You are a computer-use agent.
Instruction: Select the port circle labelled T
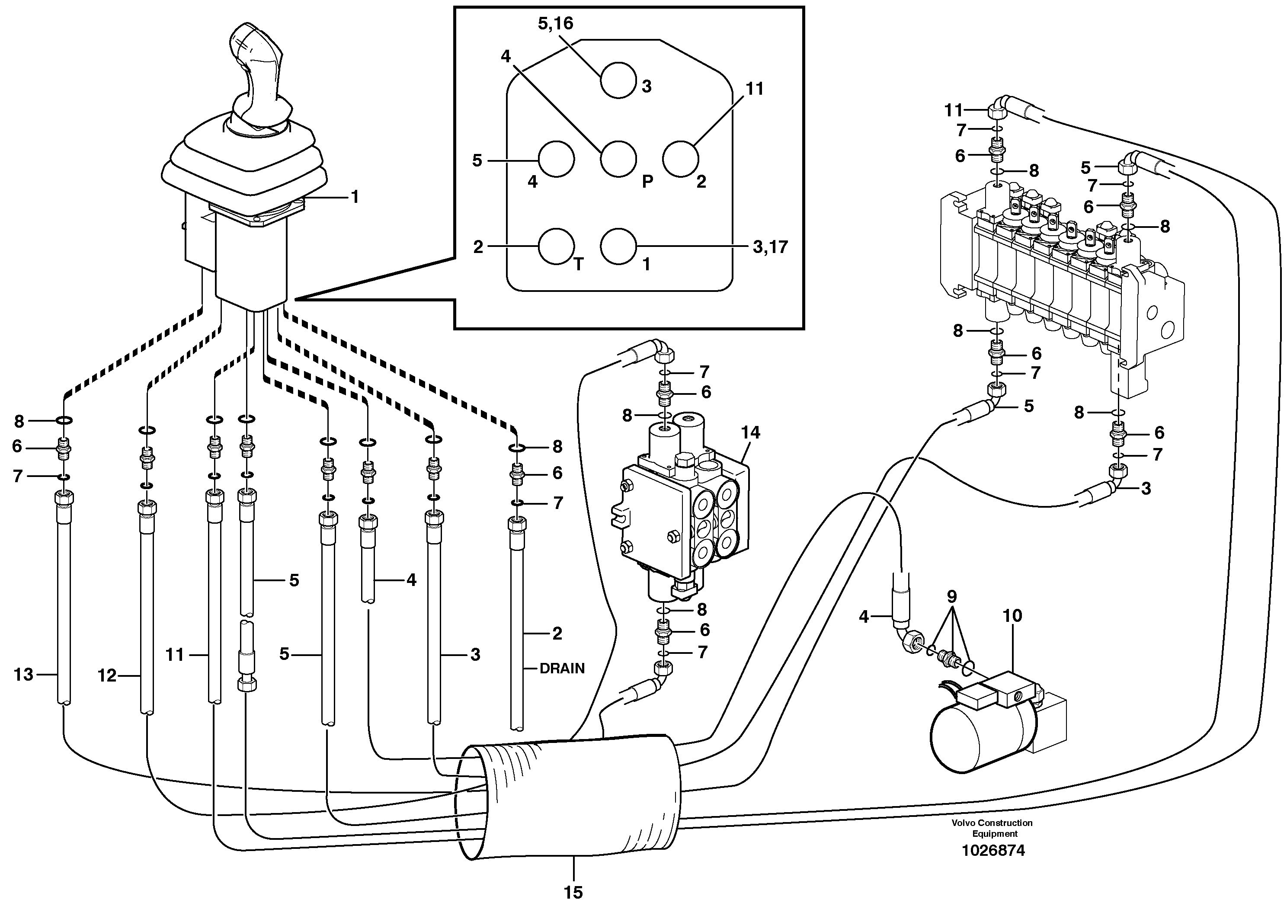556,246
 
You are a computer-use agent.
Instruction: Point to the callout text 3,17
770,246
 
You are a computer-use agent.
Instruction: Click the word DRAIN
562,668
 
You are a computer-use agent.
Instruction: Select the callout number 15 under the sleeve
573,892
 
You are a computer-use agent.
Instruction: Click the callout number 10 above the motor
1012,615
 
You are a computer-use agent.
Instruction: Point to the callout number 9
952,596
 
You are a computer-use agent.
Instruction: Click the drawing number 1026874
993,850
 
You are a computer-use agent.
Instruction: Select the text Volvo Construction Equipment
992,828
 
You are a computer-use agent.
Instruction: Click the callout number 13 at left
23,674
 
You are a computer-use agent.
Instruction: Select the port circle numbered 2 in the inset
679,159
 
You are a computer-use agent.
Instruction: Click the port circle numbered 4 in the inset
556,159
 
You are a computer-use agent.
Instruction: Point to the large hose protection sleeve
572,796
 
